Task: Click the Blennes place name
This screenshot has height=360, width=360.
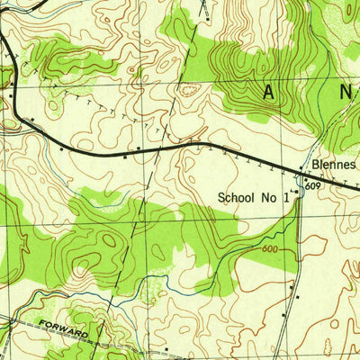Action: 334,166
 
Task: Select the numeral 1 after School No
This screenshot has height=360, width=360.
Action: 287,197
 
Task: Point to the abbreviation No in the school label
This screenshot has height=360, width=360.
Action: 274,197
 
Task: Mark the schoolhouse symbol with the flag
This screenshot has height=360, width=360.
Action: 295,192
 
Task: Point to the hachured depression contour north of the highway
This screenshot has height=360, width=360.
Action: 190,88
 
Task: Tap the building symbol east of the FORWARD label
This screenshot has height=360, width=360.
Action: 166,347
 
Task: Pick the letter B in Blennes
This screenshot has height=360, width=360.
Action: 314,166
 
